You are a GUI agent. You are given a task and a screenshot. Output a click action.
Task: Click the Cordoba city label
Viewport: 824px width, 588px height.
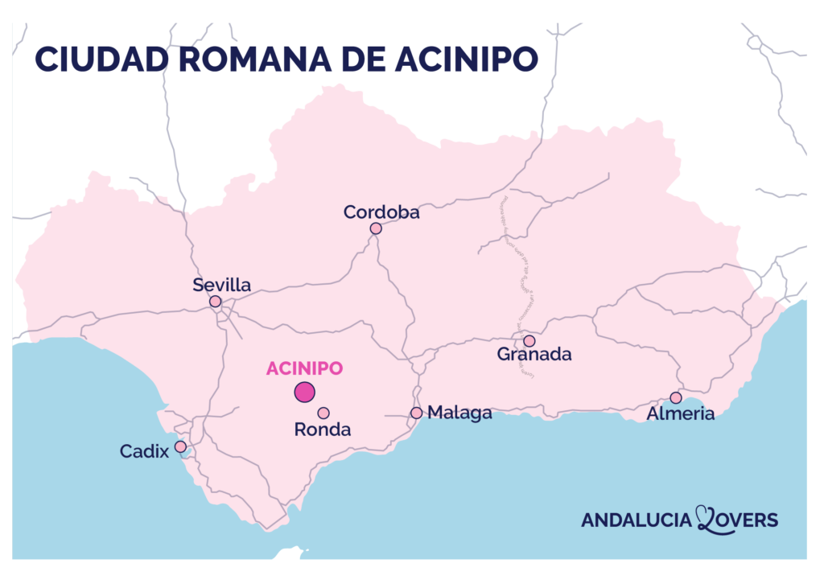[x=381, y=212]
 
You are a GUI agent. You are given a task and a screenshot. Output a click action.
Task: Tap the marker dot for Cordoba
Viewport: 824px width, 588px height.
[x=376, y=228]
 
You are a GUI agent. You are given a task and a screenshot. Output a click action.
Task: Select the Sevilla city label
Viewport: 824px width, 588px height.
[x=222, y=285]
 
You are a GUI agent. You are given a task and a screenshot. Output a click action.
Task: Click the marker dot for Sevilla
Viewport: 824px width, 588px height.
[x=216, y=302]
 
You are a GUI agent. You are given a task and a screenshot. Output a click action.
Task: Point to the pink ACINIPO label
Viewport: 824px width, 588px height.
[x=304, y=368]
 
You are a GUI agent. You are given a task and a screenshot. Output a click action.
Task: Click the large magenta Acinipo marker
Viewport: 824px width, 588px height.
[x=304, y=393]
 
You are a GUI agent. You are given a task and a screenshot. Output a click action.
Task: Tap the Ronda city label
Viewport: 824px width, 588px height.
[x=323, y=430]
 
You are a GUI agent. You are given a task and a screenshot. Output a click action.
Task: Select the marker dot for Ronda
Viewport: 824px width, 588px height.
[x=323, y=413]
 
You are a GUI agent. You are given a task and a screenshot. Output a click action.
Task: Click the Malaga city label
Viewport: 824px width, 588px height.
[x=459, y=413]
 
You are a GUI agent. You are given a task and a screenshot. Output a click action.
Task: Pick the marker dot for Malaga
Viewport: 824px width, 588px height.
[x=416, y=413]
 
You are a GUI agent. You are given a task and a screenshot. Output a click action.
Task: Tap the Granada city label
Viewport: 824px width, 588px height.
[x=534, y=354]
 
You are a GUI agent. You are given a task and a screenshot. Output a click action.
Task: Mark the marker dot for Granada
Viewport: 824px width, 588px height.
[x=529, y=341]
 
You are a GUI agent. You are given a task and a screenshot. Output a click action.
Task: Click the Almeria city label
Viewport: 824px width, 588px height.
[x=681, y=413]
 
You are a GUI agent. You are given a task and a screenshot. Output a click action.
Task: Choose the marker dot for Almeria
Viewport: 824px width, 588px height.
[x=676, y=397]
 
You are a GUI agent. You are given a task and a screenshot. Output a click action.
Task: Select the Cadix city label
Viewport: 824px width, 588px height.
[x=145, y=451]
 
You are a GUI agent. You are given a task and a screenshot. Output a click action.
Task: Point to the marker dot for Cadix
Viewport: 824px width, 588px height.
[x=180, y=446]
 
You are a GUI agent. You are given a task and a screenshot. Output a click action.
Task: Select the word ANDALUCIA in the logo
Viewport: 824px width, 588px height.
[x=637, y=520]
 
